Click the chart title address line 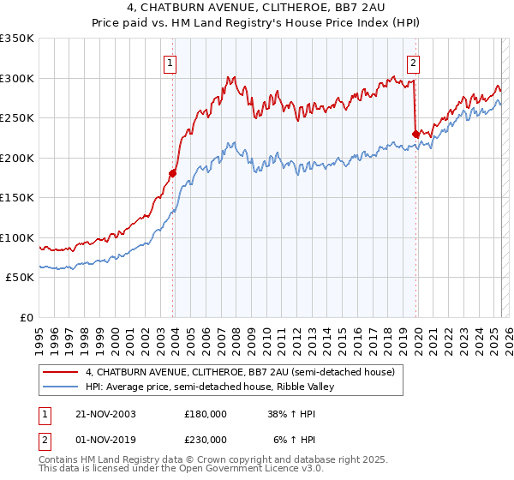click(257, 8)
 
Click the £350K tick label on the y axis click(17, 39)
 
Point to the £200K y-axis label click(17, 158)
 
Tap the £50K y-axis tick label click(21, 278)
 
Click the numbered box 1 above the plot click(170, 62)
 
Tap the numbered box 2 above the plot click(413, 62)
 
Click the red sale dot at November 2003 click(172, 173)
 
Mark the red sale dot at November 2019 click(415, 134)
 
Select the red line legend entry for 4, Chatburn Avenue click(240, 372)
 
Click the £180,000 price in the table click(205, 413)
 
